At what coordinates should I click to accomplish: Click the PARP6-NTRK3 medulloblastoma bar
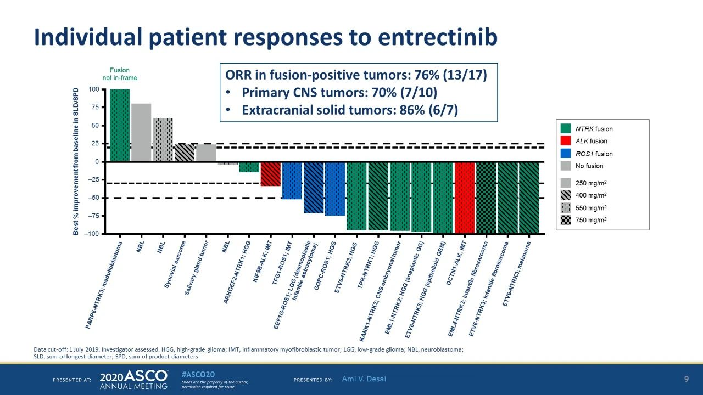(120, 125)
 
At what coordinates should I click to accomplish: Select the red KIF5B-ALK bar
(270, 174)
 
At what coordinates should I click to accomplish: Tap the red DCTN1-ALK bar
(464, 198)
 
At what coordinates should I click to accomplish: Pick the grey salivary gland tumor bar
(206, 153)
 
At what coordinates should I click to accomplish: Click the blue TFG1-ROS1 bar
(292, 180)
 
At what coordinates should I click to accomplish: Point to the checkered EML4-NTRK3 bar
(486, 198)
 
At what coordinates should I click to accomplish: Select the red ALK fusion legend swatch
(566, 141)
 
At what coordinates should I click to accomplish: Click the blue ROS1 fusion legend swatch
(566, 154)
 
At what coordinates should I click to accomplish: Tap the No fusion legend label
(589, 166)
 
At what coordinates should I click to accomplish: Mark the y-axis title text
(76, 161)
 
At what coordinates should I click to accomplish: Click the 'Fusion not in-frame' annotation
(120, 74)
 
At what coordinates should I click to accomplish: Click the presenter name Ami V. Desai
(364, 379)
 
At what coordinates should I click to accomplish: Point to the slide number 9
(686, 379)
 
